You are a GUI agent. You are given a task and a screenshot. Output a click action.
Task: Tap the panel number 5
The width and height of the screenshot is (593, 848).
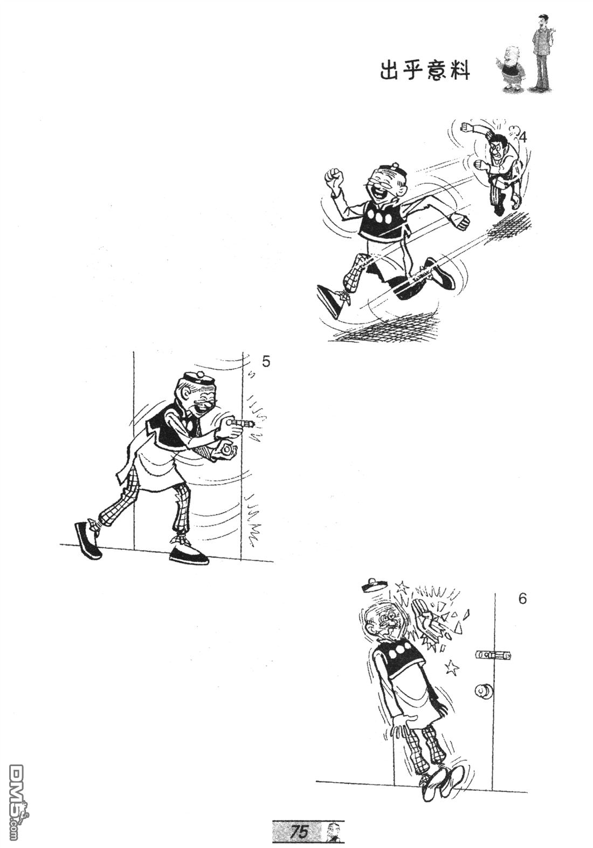pos(266,362)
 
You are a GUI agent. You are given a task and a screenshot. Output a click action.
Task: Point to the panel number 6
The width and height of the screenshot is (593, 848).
pos(522,599)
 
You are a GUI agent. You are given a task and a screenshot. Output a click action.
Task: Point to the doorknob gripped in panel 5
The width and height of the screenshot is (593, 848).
pos(226,451)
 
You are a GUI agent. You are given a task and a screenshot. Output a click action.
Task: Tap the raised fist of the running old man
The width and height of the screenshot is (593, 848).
pos(334,176)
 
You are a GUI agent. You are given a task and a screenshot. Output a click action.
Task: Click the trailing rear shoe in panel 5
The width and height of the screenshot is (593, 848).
pos(88,539)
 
